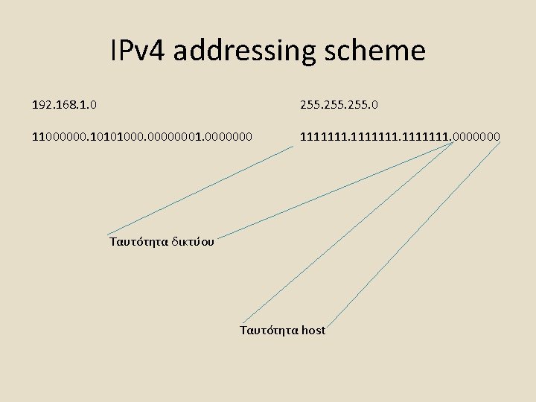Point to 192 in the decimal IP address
click(x=42, y=105)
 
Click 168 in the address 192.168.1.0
click(x=68, y=105)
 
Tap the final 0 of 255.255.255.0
click(x=374, y=105)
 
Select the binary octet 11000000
click(x=57, y=136)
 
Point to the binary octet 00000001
click(x=170, y=136)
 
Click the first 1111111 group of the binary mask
click(x=322, y=136)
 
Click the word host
click(x=313, y=330)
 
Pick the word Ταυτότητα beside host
click(x=269, y=330)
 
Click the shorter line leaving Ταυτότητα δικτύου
click(x=201, y=190)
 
